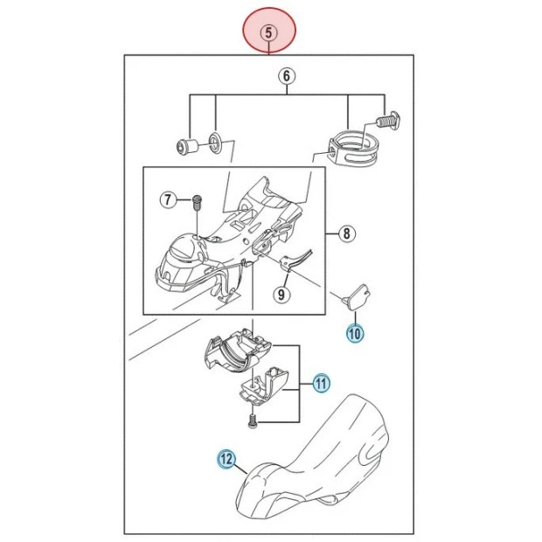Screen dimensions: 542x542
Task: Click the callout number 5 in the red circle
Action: (269, 32)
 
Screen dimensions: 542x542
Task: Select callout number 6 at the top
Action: (287, 76)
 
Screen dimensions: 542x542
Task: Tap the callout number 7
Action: (168, 199)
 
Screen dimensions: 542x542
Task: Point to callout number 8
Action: (346, 233)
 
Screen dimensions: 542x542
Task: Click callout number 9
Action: (281, 295)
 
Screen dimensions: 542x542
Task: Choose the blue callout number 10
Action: (355, 334)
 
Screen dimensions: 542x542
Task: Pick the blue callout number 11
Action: (322, 384)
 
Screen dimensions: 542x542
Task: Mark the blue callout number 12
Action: (226, 459)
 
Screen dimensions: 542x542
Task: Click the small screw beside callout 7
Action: (197, 204)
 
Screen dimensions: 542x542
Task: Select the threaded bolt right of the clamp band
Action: (389, 121)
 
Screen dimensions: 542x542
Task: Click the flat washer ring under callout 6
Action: (215, 142)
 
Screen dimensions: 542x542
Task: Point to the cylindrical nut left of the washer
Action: (187, 146)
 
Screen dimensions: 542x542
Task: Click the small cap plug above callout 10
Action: (358, 297)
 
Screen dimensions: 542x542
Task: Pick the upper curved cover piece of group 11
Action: (239, 353)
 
